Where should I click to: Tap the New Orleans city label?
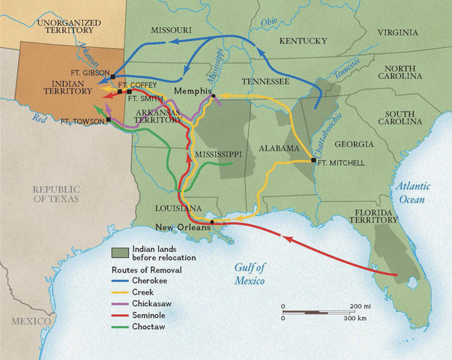click(x=180, y=227)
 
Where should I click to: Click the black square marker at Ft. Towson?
click(x=109, y=120)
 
